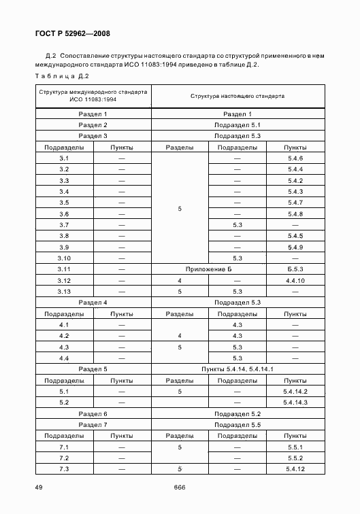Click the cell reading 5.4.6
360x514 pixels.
[x=295, y=158]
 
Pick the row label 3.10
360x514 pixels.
[x=65, y=258]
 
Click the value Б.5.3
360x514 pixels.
[x=295, y=269]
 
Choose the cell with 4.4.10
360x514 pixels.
[x=295, y=280]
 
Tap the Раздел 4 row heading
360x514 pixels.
[x=93, y=302]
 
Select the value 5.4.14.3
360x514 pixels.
[x=295, y=402]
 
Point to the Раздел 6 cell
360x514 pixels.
[x=93, y=413]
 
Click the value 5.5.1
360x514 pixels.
[x=295, y=447]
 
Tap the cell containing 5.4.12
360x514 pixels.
[x=295, y=469]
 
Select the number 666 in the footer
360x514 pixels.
[x=179, y=487]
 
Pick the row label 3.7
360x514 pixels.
[x=65, y=224]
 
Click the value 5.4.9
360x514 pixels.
[x=295, y=247]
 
